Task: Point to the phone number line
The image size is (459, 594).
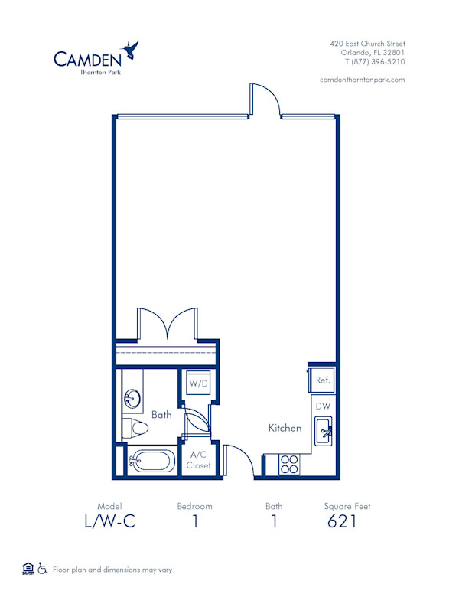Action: [374, 62]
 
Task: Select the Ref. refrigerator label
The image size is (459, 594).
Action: [322, 379]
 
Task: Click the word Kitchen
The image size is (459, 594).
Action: [285, 428]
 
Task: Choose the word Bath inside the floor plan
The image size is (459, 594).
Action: [161, 415]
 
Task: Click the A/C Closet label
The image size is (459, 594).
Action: [198, 459]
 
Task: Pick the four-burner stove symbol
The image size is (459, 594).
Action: [289, 463]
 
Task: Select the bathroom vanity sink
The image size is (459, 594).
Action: [132, 398]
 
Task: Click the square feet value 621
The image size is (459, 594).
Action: [341, 522]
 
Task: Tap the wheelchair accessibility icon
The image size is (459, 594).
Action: [43, 569]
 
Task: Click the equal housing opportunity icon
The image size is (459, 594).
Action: [28, 568]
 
